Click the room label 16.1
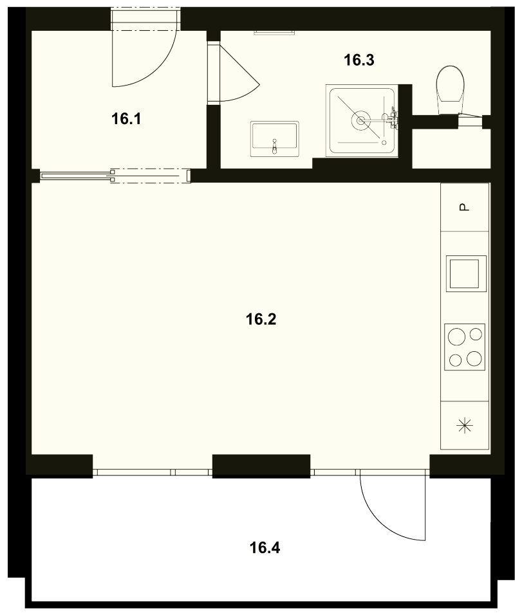[x=126, y=118]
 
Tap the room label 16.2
[x=261, y=320]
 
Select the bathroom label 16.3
[x=359, y=60]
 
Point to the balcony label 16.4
[x=265, y=548]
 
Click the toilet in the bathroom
[x=450, y=90]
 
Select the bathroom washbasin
[x=274, y=139]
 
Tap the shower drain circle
[x=361, y=121]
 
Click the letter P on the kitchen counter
[x=465, y=207]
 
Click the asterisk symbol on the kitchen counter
[x=465, y=425]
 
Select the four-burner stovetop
[x=465, y=347]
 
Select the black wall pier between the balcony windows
[x=261, y=466]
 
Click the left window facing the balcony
[x=153, y=472]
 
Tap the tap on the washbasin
[x=275, y=146]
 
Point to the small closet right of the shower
[x=451, y=149]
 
